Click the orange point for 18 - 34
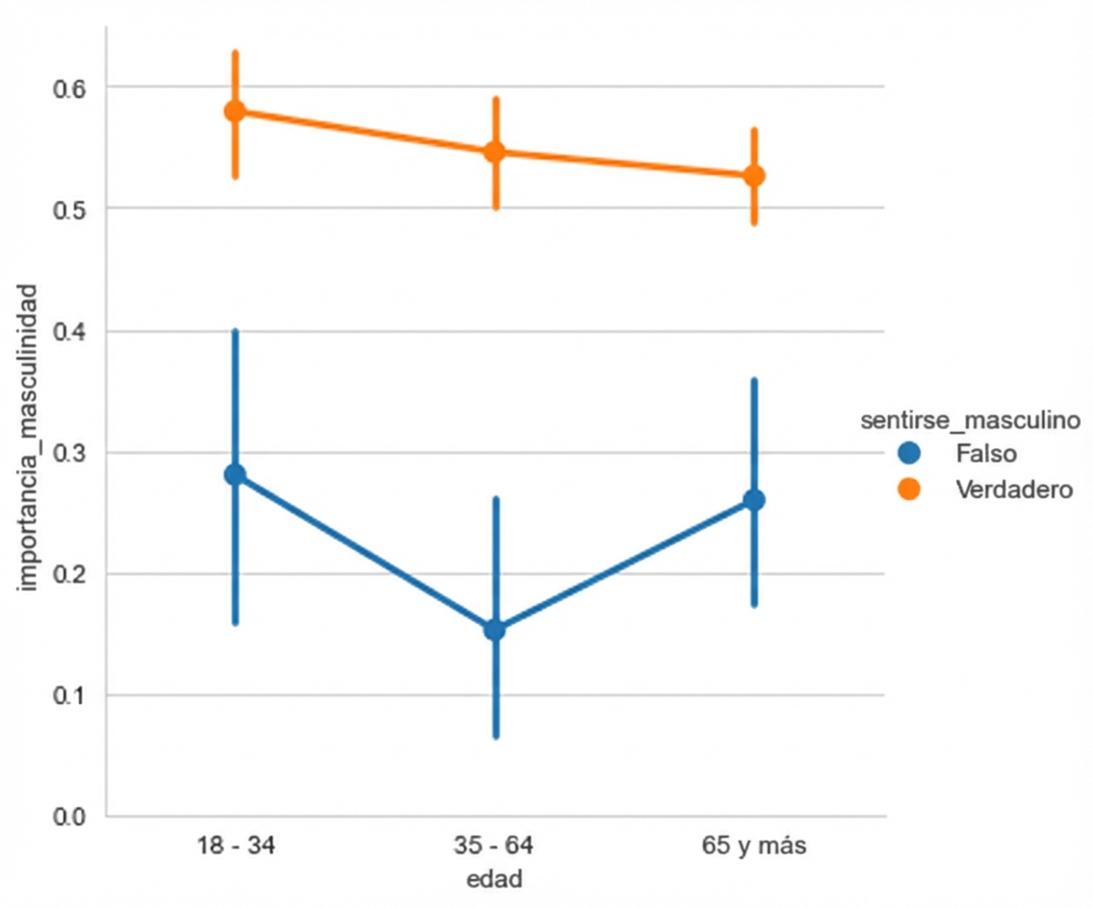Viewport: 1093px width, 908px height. (x=235, y=112)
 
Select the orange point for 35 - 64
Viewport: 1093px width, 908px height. (x=495, y=152)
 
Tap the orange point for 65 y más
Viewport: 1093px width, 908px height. (x=754, y=176)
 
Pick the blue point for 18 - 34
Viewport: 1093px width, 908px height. (x=235, y=474)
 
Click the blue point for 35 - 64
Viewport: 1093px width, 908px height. (x=495, y=630)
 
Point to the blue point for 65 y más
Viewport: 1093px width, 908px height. (x=754, y=500)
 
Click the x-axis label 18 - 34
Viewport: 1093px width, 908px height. (x=235, y=847)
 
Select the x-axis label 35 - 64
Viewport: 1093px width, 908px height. (x=495, y=847)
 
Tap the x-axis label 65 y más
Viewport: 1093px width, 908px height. (x=754, y=847)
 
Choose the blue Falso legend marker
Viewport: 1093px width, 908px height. (x=908, y=452)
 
